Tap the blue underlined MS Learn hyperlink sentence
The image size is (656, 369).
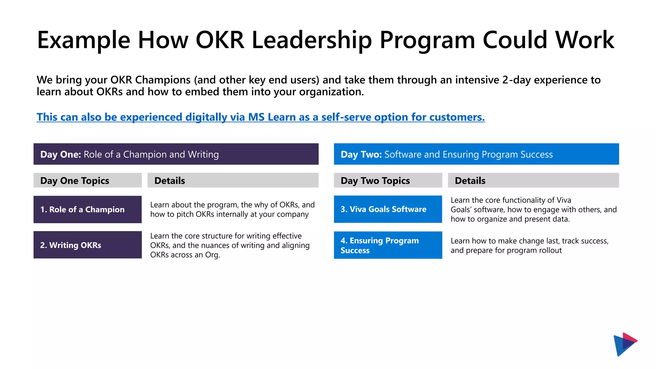(x=260, y=117)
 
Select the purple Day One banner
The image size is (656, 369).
(x=176, y=154)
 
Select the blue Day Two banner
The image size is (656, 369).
(x=476, y=154)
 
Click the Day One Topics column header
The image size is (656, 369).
(x=87, y=181)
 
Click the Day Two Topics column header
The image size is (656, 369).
(x=388, y=181)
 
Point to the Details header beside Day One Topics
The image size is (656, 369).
(x=233, y=181)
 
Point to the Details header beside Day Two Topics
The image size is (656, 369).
(x=533, y=181)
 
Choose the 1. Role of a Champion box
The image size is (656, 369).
(x=87, y=209)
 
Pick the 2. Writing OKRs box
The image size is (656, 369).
(x=87, y=245)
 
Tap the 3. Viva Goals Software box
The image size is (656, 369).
(x=388, y=209)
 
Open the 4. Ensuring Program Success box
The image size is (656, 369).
(x=388, y=245)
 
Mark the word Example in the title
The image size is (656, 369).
(x=84, y=40)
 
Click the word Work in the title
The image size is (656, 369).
(x=585, y=40)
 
